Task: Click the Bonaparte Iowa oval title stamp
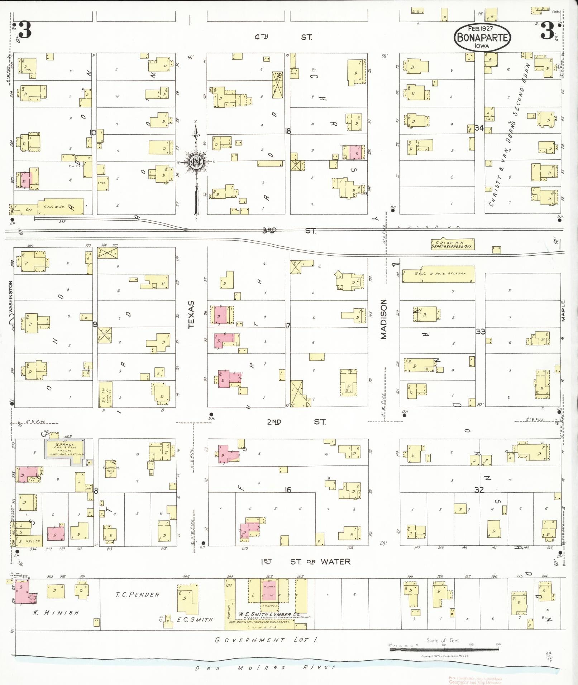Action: (x=482, y=38)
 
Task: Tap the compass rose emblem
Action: (x=196, y=162)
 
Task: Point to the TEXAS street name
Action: (x=191, y=314)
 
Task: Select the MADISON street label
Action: (x=384, y=319)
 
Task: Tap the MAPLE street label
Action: (x=563, y=310)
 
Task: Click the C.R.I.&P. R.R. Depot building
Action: (x=453, y=244)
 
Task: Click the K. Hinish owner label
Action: (x=56, y=613)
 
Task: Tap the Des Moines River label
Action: (x=265, y=667)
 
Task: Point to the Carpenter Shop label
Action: (x=111, y=469)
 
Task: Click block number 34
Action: (x=479, y=128)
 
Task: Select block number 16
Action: (x=288, y=490)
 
